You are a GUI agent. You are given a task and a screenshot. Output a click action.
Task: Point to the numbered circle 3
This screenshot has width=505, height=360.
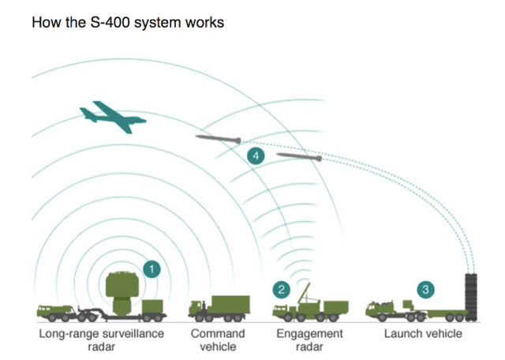pyautogui.click(x=426, y=290)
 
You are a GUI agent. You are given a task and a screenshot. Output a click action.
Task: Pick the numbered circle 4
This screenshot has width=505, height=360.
pyautogui.click(x=254, y=156)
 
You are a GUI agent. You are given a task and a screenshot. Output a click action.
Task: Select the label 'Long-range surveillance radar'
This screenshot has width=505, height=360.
pyautogui.click(x=102, y=340)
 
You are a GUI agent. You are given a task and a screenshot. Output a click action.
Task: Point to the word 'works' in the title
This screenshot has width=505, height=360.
pyautogui.click(x=204, y=22)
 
